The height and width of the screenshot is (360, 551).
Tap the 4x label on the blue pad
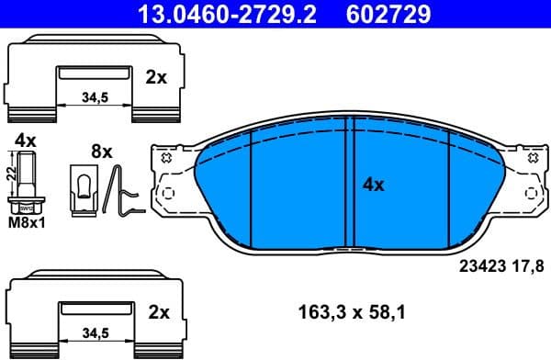pyautogui.click(x=373, y=185)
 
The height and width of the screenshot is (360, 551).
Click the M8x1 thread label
pyautogui.click(x=27, y=223)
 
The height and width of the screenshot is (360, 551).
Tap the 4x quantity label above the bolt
pyautogui.click(x=25, y=141)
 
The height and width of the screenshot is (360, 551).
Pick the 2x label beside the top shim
pyautogui.click(x=157, y=78)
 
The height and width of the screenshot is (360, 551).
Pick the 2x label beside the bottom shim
pyautogui.click(x=157, y=312)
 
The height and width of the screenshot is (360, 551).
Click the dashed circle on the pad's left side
pyautogui.click(x=166, y=195)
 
